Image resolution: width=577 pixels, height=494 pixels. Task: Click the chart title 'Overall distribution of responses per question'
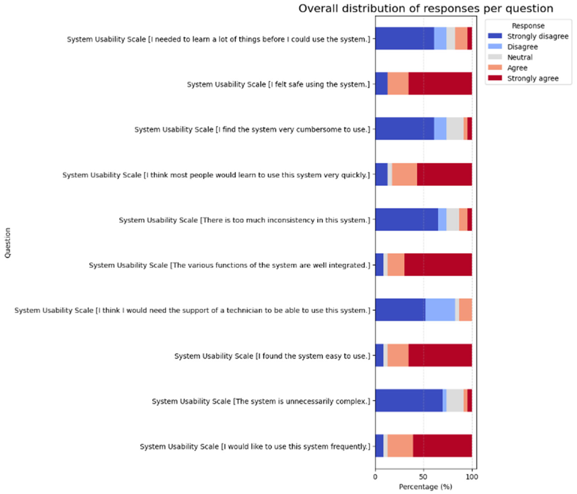(425, 9)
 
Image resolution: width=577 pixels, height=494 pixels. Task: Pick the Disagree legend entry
(522, 47)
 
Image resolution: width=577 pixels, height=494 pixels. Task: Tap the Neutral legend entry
(520, 57)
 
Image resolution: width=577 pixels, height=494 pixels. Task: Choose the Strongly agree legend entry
(532, 78)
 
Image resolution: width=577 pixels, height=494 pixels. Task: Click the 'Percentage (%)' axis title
(425, 487)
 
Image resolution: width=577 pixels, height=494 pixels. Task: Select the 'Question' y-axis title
(8, 243)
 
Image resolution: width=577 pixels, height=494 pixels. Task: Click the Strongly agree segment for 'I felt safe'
(440, 84)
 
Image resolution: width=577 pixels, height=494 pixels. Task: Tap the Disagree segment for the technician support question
(440, 310)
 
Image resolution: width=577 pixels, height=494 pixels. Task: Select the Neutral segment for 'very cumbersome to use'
(455, 129)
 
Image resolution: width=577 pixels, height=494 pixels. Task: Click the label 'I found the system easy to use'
(272, 356)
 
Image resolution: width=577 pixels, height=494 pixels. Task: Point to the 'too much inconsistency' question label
(244, 220)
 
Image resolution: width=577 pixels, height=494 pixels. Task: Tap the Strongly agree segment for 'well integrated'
(438, 265)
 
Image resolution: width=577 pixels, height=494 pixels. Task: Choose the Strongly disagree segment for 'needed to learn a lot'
(404, 38)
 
